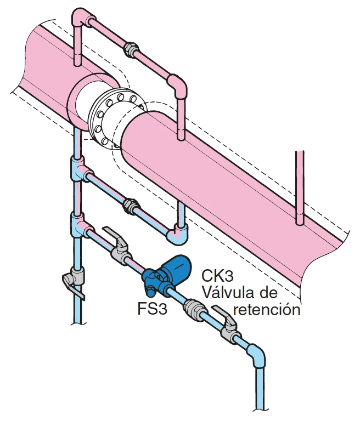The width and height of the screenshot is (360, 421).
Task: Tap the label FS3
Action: [x=153, y=309]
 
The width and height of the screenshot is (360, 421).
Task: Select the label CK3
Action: [x=217, y=276]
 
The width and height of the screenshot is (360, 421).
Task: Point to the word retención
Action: [x=267, y=310]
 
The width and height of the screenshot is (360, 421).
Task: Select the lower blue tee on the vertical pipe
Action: [x=80, y=225]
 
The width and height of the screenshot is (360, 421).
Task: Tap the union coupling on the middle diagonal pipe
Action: [x=132, y=206]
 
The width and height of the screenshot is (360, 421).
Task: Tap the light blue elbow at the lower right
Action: [x=257, y=355]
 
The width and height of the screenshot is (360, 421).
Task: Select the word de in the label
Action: [x=268, y=292]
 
